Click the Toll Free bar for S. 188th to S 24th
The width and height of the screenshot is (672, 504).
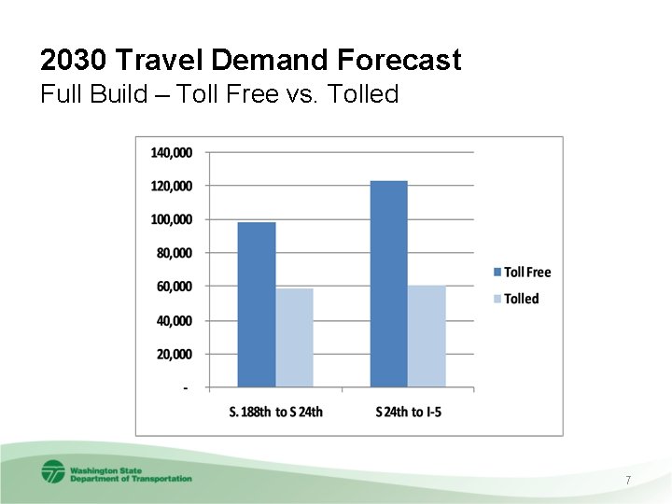257,304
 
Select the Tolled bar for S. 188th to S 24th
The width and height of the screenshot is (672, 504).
294,338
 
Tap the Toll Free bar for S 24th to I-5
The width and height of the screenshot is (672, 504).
389,284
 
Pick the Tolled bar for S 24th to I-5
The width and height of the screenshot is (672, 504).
427,336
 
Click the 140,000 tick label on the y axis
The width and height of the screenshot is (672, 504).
172,152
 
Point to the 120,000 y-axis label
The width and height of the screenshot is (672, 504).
172,186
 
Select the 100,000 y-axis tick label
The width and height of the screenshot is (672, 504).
172,219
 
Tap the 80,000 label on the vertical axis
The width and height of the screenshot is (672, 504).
175,253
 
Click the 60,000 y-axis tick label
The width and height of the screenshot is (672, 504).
175,287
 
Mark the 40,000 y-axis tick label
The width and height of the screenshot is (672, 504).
175,320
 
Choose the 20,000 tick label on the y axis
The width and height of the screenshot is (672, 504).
175,354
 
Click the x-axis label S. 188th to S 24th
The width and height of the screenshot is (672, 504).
275,412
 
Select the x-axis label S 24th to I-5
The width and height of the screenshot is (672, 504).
408,412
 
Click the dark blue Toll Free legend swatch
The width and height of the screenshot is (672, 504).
497,273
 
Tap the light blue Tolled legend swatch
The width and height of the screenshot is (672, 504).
497,299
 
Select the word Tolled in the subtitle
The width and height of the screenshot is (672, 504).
366,94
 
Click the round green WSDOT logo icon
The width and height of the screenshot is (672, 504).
53,471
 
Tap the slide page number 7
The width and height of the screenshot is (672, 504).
628,480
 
